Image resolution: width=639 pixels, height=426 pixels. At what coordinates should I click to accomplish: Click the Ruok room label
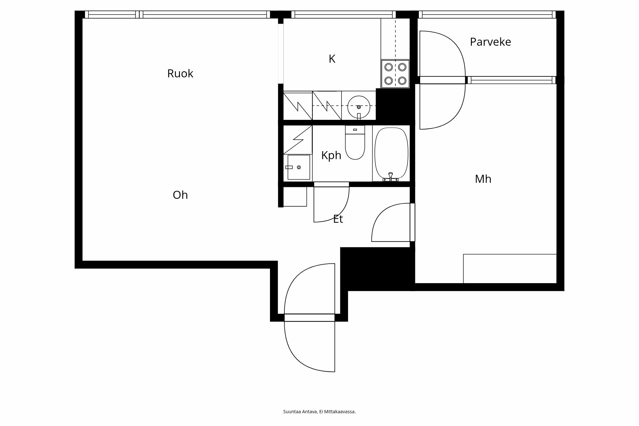[x=180, y=74]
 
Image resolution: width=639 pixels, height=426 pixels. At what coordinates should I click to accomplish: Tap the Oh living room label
[x=180, y=195]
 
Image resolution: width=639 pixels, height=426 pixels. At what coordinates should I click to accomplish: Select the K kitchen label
[x=332, y=59]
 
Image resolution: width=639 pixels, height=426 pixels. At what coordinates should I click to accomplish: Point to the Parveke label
[x=490, y=42]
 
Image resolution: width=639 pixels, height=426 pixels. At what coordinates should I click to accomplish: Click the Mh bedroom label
[x=483, y=179]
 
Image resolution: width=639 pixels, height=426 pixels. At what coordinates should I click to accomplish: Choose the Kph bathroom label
[x=331, y=155]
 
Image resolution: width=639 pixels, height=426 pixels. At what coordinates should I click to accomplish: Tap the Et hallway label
[x=338, y=219]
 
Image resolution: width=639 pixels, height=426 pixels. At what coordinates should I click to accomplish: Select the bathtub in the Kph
[x=391, y=153]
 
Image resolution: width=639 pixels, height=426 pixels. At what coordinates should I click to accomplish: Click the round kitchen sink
[x=358, y=106]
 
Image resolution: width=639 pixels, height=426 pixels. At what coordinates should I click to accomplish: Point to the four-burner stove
[x=395, y=74]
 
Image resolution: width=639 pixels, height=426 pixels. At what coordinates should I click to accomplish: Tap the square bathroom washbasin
[x=298, y=167]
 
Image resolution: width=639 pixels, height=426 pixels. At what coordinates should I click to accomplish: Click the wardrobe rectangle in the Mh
[x=510, y=268]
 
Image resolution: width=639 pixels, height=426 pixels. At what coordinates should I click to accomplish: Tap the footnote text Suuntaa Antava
[x=319, y=412]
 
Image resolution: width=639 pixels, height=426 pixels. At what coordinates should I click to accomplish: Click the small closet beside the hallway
[x=295, y=197]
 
